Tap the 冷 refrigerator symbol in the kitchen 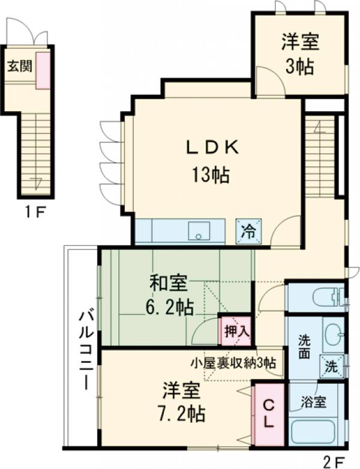(247, 230)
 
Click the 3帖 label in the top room (299, 66)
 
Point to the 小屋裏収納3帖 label (233, 363)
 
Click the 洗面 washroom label (304, 346)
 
